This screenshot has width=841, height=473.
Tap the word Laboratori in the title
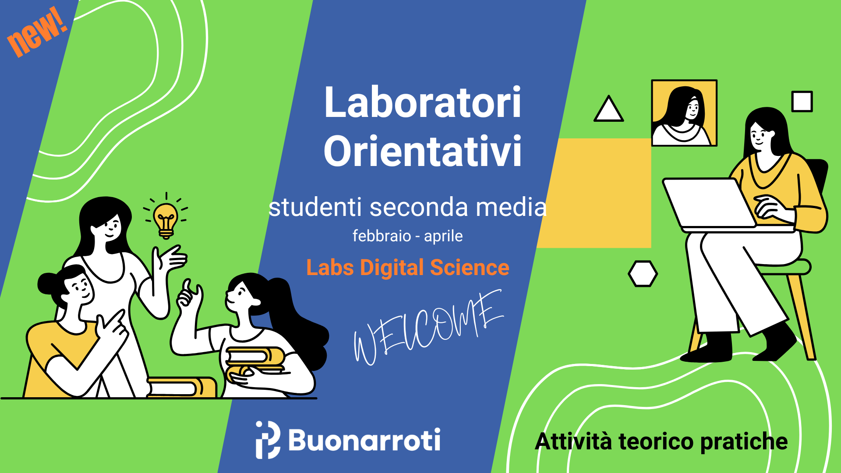[423, 102]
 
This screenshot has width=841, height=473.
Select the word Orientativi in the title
[423, 151]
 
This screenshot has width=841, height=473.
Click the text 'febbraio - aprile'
[407, 236]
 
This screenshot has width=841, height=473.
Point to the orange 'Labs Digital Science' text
[408, 268]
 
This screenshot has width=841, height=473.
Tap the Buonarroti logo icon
[268, 440]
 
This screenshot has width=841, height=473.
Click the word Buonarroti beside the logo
[364, 440]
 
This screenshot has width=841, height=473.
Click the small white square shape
[802, 102]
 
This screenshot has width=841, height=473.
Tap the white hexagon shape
[643, 274]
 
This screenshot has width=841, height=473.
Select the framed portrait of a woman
[684, 113]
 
